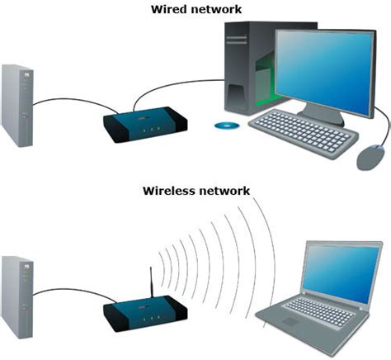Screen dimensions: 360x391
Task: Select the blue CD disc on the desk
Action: [x=225, y=126]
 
